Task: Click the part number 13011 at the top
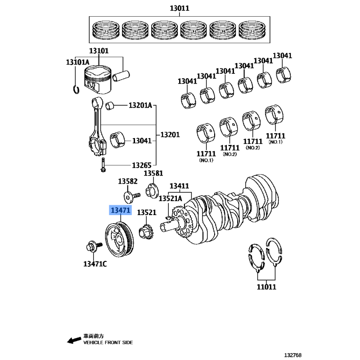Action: coord(180,8)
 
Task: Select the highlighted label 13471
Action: coord(121,211)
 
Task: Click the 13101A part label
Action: coord(78,62)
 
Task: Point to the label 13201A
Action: coord(140,106)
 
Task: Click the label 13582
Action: coord(128,181)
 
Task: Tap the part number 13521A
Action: coord(170,198)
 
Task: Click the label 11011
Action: coord(266,286)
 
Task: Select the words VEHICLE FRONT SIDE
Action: coord(108,342)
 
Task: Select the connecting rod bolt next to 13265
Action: coord(103,165)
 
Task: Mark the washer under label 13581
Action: coord(151,189)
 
